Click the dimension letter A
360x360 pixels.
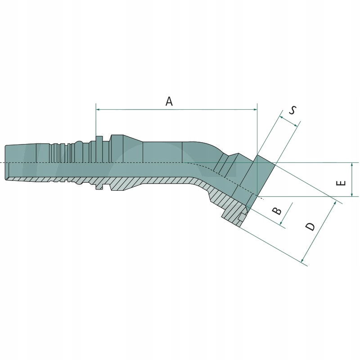click(169, 101)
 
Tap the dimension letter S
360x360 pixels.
click(292, 110)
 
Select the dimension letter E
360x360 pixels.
click(341, 183)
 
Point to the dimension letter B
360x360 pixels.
click(278, 211)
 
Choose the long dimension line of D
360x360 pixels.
click(319, 233)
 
